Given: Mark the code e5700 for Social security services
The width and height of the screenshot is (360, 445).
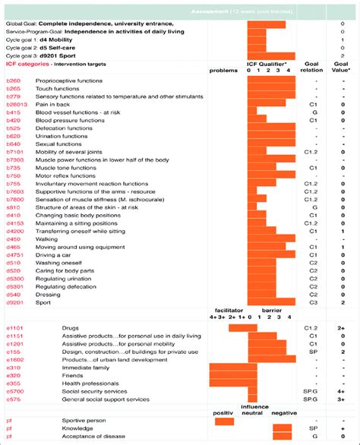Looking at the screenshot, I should (14, 390).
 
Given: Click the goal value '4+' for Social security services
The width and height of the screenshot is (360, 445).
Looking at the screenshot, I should (343, 390).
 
